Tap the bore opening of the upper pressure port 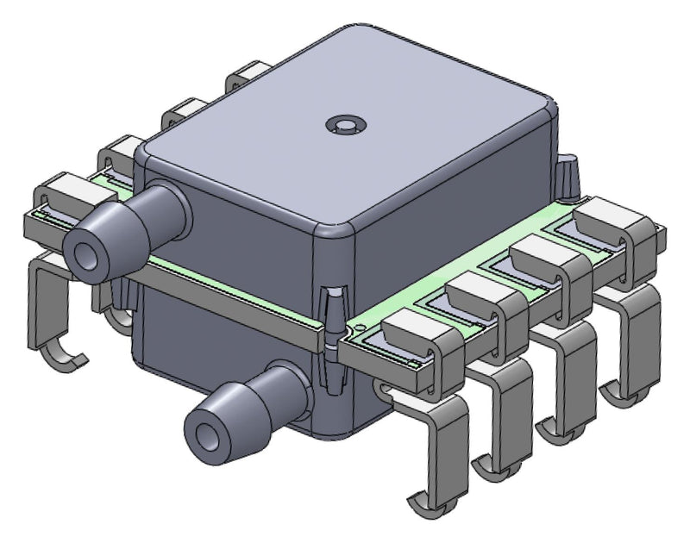pos(87,255)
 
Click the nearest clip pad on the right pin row pos(412,333)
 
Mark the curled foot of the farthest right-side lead pos(623,396)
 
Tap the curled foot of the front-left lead pos(65,354)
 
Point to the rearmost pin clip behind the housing pos(249,75)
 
